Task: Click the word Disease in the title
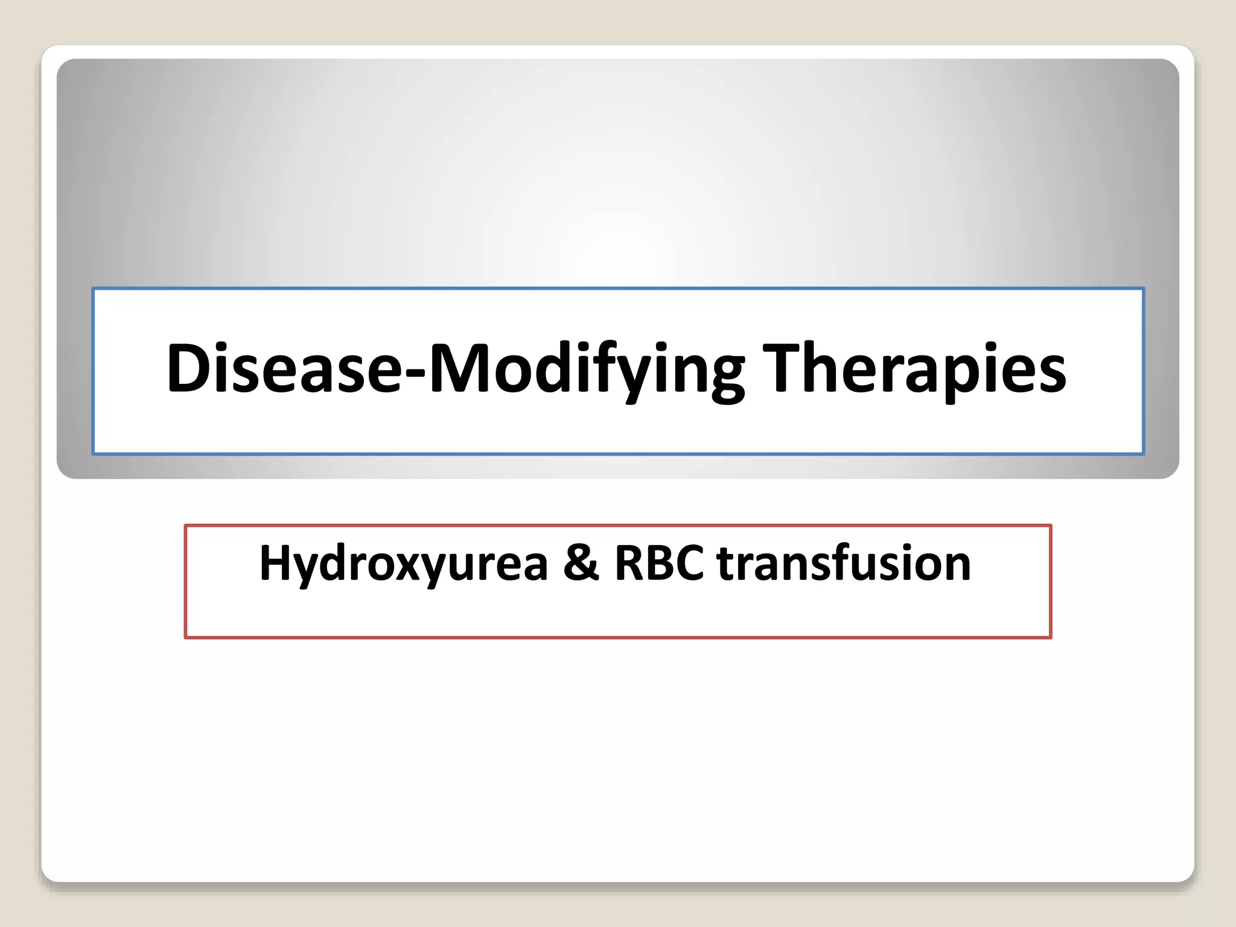[284, 368]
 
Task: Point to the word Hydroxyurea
[403, 564]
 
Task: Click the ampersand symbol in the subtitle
[581, 564]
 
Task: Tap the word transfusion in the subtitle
[844, 564]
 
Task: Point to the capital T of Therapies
[781, 368]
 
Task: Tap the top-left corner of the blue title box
[94, 289]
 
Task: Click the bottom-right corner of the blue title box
[1143, 453]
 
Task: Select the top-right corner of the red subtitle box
[1051, 526]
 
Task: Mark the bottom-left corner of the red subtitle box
[186, 637]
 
